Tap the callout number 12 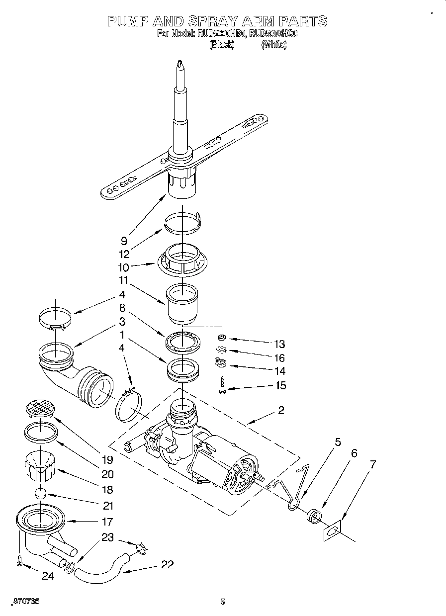124,254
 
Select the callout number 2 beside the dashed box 281,410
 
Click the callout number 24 47,577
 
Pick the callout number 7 372,464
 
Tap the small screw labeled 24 19,560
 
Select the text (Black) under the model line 221,45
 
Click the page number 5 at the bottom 223,602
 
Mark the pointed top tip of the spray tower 179,63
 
